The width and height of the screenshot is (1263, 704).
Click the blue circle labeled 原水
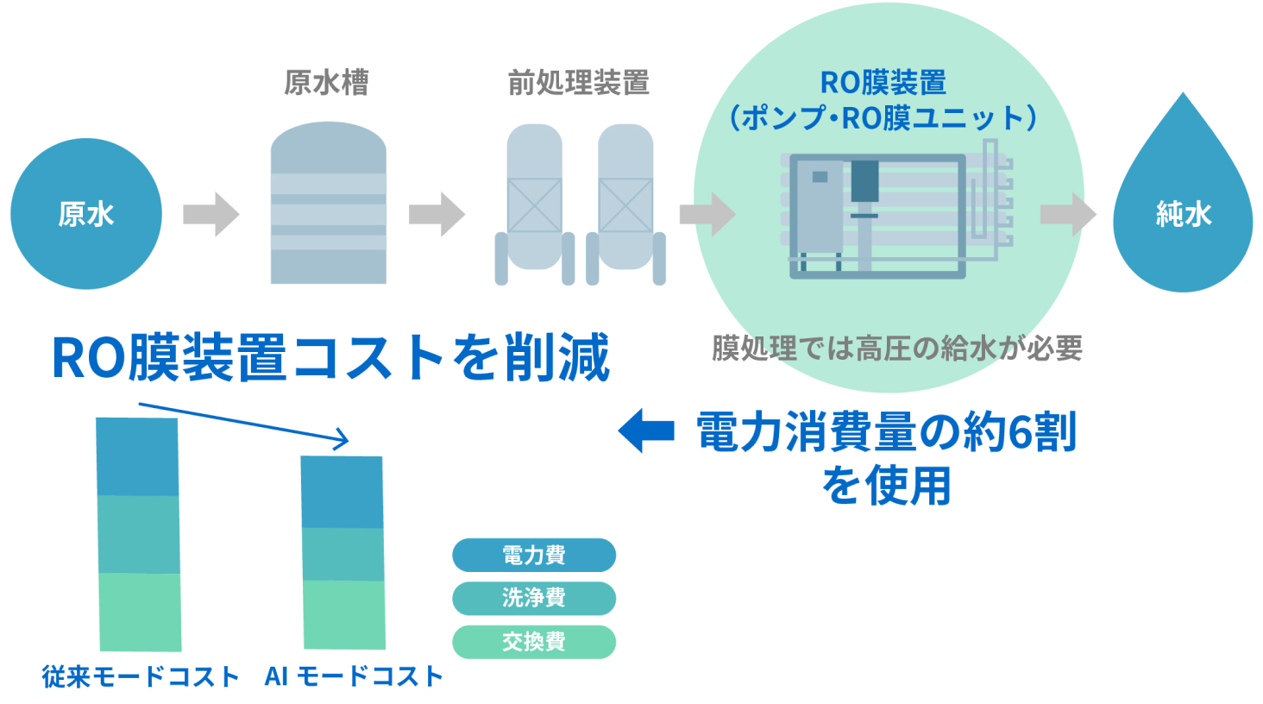tap(86, 213)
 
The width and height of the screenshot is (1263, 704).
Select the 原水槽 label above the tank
tap(326, 83)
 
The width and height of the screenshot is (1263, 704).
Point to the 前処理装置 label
tap(578, 83)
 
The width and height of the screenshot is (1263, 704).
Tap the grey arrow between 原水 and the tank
tap(211, 214)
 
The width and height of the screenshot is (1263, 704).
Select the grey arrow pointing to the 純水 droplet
tap(1068, 214)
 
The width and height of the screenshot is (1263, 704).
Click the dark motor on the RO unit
tap(864, 181)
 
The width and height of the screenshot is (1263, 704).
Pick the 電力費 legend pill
tap(534, 555)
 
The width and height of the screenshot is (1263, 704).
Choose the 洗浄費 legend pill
tap(534, 598)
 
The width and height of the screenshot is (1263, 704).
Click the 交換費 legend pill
tap(534, 642)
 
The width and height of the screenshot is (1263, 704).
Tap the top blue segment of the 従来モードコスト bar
tap(137, 457)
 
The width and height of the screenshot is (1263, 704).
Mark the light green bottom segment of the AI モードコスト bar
tap(344, 614)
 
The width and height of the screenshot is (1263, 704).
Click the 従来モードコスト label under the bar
tap(141, 676)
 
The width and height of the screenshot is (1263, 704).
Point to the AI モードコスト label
tap(354, 676)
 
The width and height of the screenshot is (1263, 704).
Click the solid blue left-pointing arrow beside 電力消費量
tap(646, 431)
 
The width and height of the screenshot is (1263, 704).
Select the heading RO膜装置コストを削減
tap(331, 357)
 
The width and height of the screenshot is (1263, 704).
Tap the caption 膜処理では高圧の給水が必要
tap(896, 349)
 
